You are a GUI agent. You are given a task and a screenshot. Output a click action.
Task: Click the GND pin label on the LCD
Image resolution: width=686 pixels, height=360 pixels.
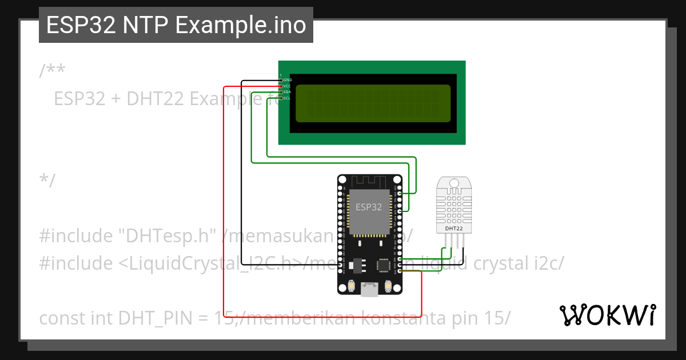pos(288,79)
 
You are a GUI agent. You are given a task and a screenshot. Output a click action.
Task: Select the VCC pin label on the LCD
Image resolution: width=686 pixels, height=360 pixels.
pos(288,86)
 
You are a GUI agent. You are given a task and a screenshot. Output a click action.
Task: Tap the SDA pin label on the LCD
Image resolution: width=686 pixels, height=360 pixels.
pos(288,92)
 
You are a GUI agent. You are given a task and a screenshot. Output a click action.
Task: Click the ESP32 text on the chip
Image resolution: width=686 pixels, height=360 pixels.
pos(369,207)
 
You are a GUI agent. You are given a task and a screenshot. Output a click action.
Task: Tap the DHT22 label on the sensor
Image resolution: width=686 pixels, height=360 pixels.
pos(454,229)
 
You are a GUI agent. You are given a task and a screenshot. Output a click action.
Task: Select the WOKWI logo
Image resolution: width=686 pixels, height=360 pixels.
pos(608,315)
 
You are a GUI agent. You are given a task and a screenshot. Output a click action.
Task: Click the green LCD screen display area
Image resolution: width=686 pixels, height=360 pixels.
pos(373,103)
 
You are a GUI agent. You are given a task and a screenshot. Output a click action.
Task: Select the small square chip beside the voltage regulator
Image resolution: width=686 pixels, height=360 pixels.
pos(383,266)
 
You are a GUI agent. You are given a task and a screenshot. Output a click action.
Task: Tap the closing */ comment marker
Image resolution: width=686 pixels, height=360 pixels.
pos(47,181)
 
